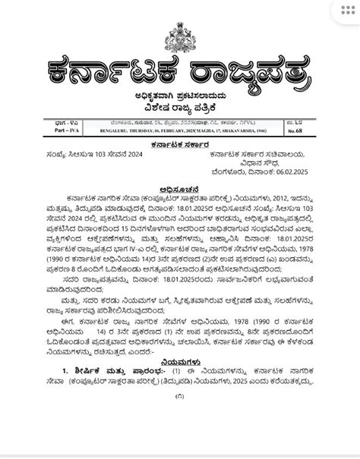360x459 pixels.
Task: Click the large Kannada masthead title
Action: (x=179, y=71)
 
